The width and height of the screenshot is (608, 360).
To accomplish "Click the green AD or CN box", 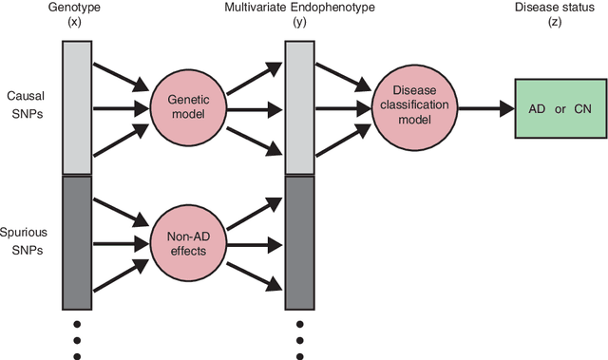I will pos(560,109).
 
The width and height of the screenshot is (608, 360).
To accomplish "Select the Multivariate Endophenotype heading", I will pos(299,9).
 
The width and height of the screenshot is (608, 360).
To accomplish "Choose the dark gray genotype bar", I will pos(77,242).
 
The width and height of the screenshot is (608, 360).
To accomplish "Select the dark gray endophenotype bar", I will pos(299,242).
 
